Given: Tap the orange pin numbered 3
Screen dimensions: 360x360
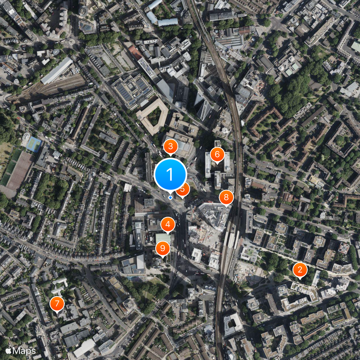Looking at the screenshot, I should point(170,146).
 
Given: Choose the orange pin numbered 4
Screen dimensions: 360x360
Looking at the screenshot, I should point(168,224).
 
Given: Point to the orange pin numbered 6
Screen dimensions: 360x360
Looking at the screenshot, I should point(217,155).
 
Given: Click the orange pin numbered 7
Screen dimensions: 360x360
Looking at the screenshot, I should point(57,304).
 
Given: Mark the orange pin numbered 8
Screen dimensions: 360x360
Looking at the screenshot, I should point(226,197).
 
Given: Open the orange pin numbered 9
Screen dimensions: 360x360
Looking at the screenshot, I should point(162,247).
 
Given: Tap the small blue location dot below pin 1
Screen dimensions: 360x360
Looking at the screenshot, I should point(170,198).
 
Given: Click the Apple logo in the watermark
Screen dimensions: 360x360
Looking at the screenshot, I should point(9,351).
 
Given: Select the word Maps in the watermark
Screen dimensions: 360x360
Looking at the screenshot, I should point(24,351).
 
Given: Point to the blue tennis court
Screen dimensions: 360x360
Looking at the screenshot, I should point(34,144).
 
